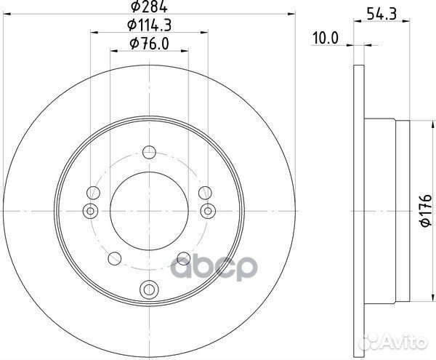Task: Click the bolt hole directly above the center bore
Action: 149,152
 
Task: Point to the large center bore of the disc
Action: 149,210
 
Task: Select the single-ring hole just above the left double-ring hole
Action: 92,193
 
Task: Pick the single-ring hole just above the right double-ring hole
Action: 206,193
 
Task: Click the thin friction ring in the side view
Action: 358,211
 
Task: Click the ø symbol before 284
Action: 135,9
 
